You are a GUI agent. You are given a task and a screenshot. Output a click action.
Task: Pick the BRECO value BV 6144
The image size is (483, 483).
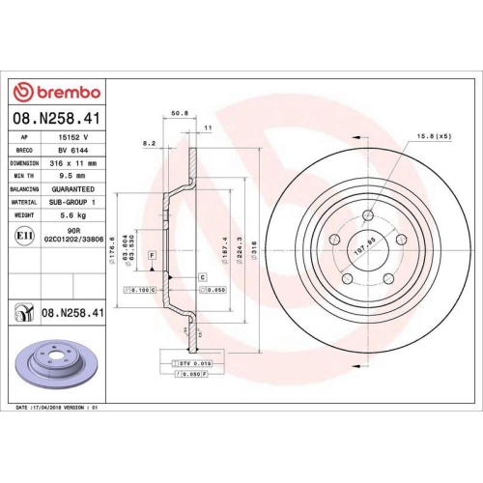67,152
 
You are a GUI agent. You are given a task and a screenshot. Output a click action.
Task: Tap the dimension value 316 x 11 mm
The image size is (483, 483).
69,164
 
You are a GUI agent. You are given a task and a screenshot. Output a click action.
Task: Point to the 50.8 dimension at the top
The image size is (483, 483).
178,112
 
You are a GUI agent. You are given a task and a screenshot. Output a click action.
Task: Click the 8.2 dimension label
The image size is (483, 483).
149,143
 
